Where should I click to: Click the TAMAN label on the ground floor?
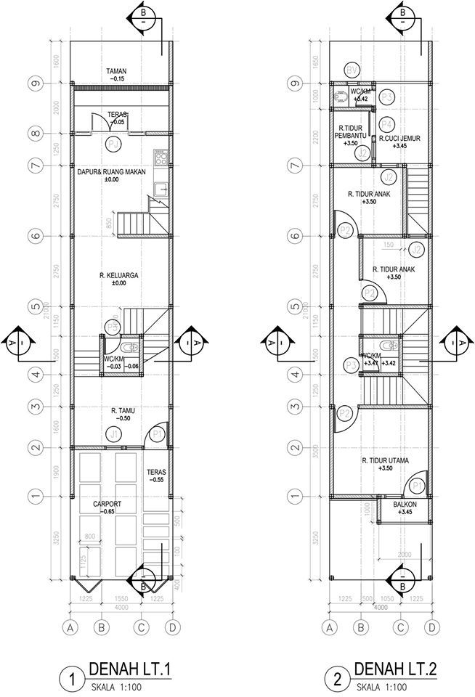point(117,70)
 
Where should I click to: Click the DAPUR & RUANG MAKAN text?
point(113,172)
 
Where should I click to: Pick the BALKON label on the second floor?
point(405,503)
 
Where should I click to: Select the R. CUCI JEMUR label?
point(399,137)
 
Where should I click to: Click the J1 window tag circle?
point(113,434)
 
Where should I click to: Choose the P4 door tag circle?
point(386,123)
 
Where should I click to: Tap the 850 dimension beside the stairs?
point(110,224)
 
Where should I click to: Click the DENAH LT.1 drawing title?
point(129,668)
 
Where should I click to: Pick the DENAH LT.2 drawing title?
point(396,668)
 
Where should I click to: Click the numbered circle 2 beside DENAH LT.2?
point(336,680)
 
